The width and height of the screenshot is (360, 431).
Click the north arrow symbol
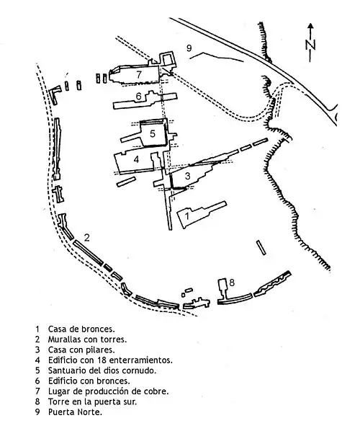click(x=310, y=43)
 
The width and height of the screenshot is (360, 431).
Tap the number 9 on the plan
click(x=189, y=48)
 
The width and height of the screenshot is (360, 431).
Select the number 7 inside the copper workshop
click(x=139, y=74)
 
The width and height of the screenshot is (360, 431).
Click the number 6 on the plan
click(x=139, y=96)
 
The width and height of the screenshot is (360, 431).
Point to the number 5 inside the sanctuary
click(x=153, y=133)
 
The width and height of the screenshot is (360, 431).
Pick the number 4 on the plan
click(x=137, y=159)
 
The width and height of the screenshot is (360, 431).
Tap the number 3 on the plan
click(x=187, y=176)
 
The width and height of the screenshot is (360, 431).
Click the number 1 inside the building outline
click(x=187, y=215)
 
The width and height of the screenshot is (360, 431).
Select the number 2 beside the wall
click(x=87, y=237)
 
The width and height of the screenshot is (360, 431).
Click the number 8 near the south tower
click(x=232, y=283)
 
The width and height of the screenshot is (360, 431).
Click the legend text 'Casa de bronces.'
click(x=81, y=329)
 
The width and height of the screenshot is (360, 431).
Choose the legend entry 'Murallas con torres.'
click(x=87, y=339)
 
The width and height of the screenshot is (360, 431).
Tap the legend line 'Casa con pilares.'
click(x=81, y=350)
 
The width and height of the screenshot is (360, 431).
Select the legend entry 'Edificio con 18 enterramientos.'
click(x=110, y=360)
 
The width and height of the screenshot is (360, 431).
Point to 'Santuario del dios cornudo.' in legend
click(x=102, y=370)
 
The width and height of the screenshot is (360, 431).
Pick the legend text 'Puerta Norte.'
click(x=75, y=412)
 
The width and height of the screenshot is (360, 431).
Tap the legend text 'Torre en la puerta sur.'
click(x=92, y=401)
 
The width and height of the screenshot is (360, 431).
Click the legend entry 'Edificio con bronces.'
click(x=89, y=381)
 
